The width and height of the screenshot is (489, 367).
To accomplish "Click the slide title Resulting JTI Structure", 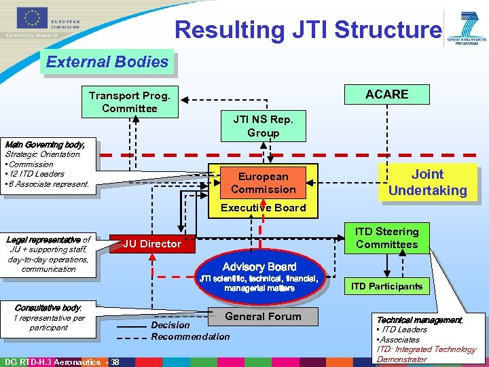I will [x=307, y=30].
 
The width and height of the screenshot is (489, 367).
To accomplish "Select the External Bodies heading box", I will [x=107, y=62].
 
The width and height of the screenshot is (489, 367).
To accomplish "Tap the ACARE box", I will [x=387, y=94].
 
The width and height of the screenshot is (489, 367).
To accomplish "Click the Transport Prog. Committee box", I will [x=129, y=102].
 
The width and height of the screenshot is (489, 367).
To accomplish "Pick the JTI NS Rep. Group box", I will [x=263, y=126].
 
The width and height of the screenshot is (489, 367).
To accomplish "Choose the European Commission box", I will [x=263, y=183].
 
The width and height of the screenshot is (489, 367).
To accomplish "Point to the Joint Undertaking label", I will [x=427, y=182].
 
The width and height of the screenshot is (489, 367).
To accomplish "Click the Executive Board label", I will [x=264, y=208].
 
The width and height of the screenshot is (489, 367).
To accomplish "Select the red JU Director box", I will [x=152, y=243].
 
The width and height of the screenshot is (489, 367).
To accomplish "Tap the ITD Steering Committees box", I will [x=387, y=238].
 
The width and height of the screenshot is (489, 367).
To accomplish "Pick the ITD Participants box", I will [x=386, y=286].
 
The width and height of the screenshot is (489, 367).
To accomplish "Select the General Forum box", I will [x=263, y=316].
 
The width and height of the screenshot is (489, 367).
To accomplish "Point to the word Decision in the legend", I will [x=170, y=326].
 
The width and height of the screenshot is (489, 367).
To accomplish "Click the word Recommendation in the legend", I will [x=190, y=336].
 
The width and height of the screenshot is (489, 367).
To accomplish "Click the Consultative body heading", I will [x=48, y=308].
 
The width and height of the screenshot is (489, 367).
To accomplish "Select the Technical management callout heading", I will [x=419, y=319].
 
